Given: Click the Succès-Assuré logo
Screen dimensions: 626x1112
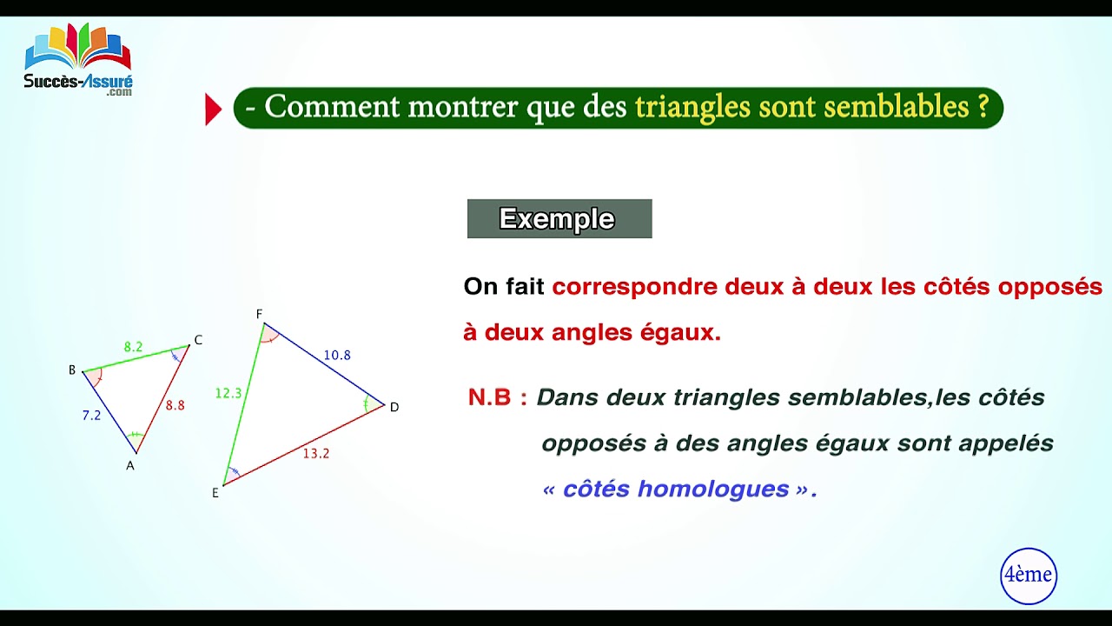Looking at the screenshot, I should pyautogui.click(x=78, y=59).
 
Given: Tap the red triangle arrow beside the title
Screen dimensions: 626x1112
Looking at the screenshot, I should pyautogui.click(x=213, y=110).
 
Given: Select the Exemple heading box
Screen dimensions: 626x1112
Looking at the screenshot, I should pyautogui.click(x=559, y=218).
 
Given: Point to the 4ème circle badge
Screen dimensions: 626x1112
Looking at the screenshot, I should pyautogui.click(x=1028, y=575).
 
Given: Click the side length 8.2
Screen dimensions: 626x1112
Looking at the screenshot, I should pyautogui.click(x=133, y=347).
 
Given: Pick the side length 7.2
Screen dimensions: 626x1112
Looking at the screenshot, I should pyautogui.click(x=91, y=416).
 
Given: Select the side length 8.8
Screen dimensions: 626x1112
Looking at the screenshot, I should pyautogui.click(x=175, y=405).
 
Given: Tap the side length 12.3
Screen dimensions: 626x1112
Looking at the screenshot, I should pyautogui.click(x=228, y=394).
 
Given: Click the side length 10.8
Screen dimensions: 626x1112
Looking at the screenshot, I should pyautogui.click(x=337, y=355).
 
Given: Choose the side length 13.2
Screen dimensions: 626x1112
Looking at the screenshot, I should pyautogui.click(x=316, y=453).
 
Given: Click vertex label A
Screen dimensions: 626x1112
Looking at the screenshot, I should pyautogui.click(x=130, y=466).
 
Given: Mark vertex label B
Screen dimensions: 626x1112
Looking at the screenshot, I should pyautogui.click(x=72, y=370).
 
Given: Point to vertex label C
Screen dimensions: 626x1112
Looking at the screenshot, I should pyautogui.click(x=198, y=340).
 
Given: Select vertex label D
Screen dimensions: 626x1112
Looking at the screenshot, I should pyautogui.click(x=394, y=407).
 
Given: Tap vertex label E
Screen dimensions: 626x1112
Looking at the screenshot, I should pyautogui.click(x=215, y=493).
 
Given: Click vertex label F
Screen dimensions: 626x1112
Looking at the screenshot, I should pyautogui.click(x=259, y=314).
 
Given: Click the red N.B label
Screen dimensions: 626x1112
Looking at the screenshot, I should pyautogui.click(x=498, y=397).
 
